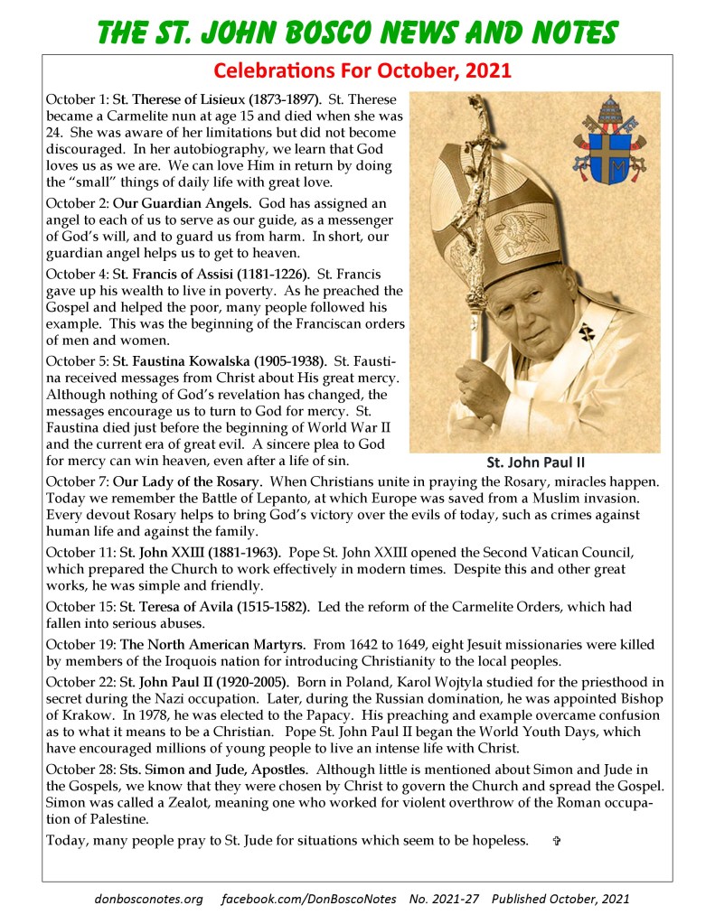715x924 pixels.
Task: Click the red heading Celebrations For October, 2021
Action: (x=356, y=70)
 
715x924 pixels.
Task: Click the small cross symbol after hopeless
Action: (x=556, y=841)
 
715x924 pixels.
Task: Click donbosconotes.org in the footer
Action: (x=149, y=900)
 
